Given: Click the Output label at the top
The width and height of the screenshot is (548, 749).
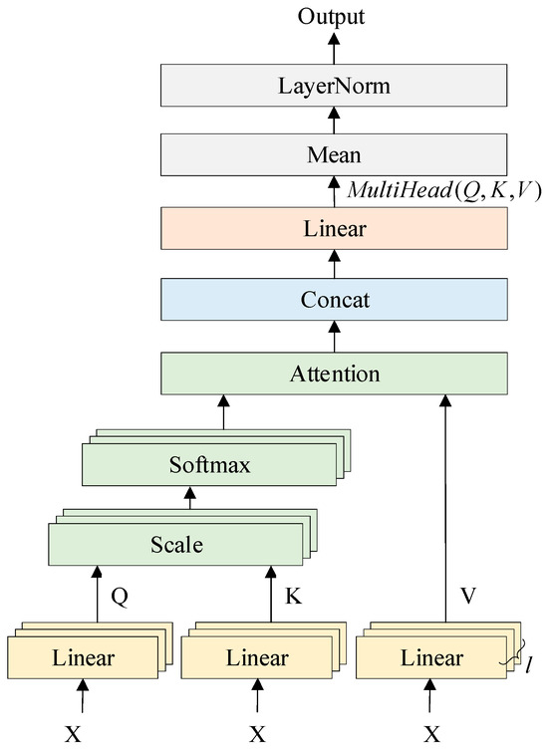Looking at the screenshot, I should tap(334, 16).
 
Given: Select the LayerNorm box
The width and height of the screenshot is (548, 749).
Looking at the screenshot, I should tap(334, 87).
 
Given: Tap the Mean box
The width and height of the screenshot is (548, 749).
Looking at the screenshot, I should tap(334, 156).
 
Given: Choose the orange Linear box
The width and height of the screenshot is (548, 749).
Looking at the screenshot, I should tap(334, 229).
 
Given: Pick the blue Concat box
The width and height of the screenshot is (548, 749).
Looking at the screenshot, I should tap(334, 300).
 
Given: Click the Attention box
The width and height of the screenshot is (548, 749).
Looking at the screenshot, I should tap(334, 374).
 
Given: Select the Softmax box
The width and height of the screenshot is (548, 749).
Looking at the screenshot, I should tap(209, 465).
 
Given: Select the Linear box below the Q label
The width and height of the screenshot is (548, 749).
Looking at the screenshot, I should tap(82, 658).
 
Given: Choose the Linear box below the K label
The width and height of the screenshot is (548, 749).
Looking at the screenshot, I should tap(257, 658).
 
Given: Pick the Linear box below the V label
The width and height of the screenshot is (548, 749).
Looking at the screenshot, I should tap(430, 658).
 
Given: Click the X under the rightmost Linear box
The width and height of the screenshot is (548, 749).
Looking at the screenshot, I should tap(432, 734).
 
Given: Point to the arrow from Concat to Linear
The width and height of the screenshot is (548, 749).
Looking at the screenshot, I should tap(334, 265).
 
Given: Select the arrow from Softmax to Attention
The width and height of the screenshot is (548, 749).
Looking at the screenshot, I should tap(222, 413).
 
